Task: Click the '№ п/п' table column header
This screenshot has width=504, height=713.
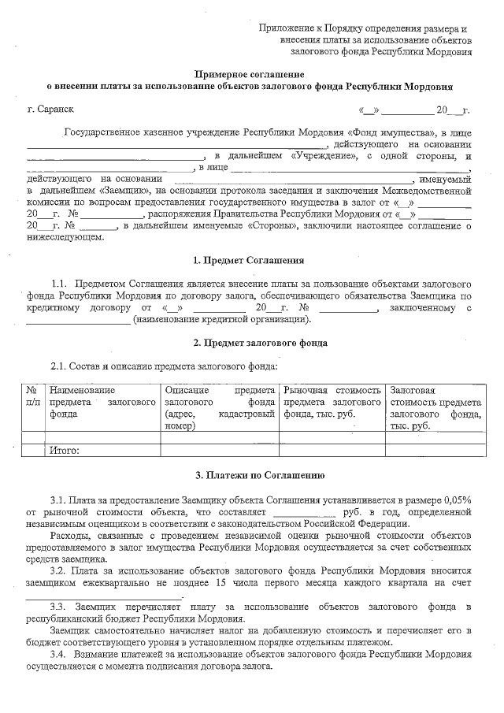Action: point(32,395)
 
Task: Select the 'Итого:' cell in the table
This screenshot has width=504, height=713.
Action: point(65,451)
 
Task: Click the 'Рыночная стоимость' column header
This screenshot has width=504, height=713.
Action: point(332,390)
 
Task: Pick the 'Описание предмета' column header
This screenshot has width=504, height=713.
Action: point(219,390)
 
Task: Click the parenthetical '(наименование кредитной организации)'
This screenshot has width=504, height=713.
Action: point(222,319)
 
